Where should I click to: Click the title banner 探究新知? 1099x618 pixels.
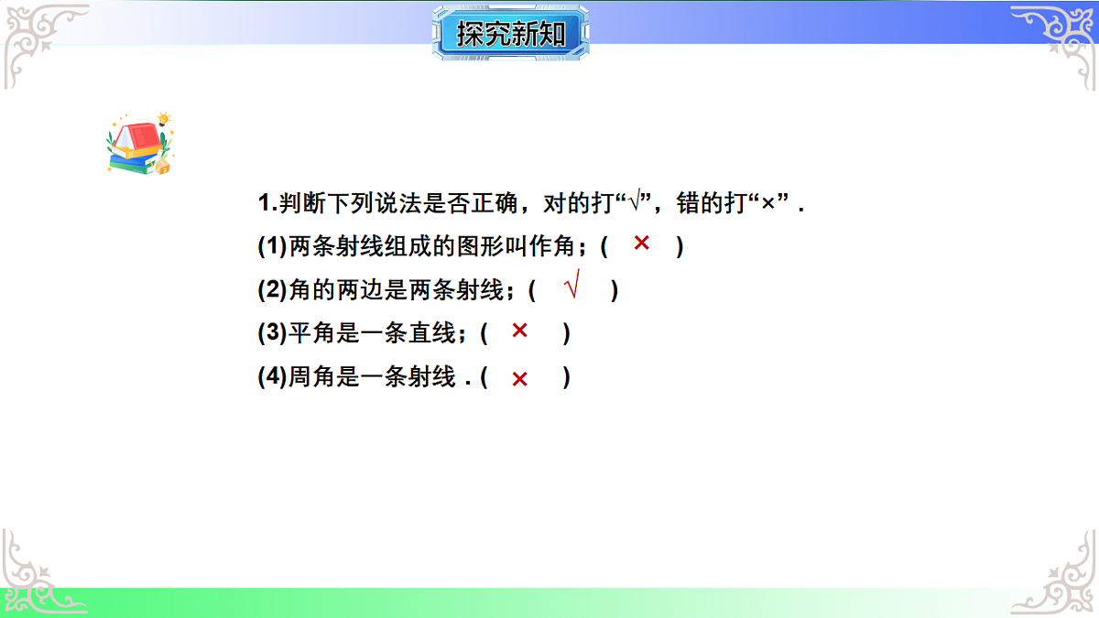[510, 34]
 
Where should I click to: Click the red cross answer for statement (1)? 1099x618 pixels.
[641, 244]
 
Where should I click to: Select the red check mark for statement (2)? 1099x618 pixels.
[572, 288]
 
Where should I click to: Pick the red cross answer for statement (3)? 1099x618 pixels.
[519, 331]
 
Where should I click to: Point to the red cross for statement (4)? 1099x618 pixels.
[519, 379]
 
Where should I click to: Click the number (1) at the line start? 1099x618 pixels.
[272, 247]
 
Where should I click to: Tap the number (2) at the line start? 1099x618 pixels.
[272, 291]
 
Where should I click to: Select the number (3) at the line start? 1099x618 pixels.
[272, 334]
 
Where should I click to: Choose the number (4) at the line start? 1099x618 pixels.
[272, 377]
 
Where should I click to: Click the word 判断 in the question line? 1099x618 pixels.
[303, 204]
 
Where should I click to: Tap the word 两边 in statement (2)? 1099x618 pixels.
[360, 291]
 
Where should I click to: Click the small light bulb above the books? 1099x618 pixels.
[164, 118]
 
